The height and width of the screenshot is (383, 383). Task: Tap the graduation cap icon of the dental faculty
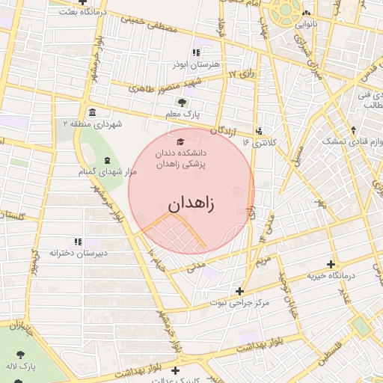point(179,141)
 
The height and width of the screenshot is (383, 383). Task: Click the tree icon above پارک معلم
point(182,102)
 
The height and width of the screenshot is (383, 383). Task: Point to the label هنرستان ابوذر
point(196,65)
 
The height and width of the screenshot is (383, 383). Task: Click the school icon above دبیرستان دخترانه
point(77,241)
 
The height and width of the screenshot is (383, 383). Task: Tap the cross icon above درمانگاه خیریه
point(331,264)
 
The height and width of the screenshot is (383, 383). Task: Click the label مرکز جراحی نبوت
point(239,303)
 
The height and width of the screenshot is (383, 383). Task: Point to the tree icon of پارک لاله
point(17,354)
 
